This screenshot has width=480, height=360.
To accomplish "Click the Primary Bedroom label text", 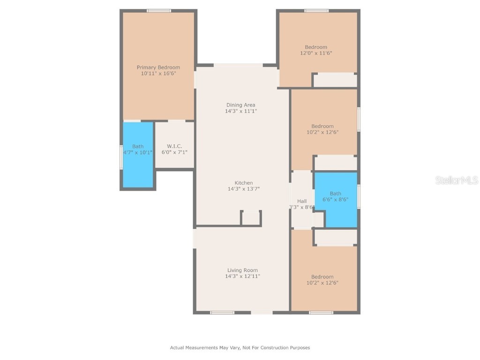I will click(x=158, y=67).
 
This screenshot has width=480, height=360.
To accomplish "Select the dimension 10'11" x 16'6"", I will click(x=158, y=74).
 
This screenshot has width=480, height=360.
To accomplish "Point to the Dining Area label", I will click(x=241, y=105).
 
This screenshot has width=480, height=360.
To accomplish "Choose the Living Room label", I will click(x=242, y=270).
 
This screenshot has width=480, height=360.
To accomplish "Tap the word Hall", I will click(x=302, y=201).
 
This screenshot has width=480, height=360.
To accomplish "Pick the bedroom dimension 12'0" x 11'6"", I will click(x=316, y=53).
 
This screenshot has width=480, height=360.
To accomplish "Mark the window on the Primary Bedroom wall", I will click(x=159, y=10).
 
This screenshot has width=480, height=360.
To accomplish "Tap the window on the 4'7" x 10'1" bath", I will click(x=121, y=157).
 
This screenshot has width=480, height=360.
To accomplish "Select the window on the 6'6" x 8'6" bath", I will click(x=359, y=196).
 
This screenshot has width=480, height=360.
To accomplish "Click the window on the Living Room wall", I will click(x=222, y=312).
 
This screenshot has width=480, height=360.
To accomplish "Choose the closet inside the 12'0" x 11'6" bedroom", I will click(x=335, y=80).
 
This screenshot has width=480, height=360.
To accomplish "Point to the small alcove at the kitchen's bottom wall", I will click(x=251, y=218).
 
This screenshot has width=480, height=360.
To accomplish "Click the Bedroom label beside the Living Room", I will click(x=322, y=277).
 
